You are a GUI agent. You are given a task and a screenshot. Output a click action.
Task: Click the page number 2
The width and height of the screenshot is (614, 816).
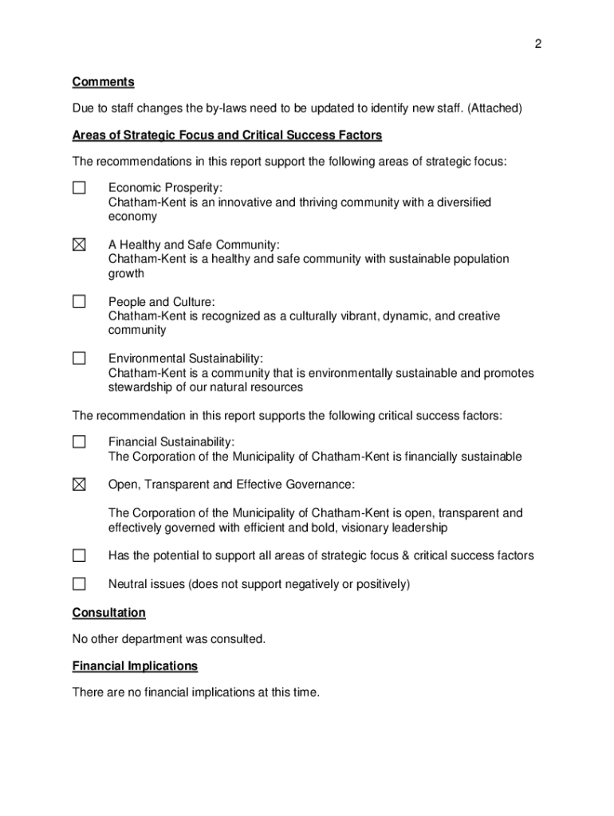(x=538, y=45)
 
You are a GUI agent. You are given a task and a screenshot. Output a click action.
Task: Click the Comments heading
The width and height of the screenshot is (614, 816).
(x=103, y=82)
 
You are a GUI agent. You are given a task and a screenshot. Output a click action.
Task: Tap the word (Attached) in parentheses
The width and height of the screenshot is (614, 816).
(x=494, y=108)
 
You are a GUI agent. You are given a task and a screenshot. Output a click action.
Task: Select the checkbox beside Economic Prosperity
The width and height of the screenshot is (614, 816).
(x=79, y=188)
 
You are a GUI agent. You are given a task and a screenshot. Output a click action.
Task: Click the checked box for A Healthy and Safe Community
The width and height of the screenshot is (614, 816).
(x=79, y=245)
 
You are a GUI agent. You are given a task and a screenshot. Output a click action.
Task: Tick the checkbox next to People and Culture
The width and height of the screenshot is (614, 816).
(x=79, y=302)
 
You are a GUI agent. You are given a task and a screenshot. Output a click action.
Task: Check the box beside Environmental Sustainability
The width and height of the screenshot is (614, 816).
(x=79, y=359)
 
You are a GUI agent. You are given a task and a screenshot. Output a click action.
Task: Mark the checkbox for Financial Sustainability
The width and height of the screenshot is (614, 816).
(x=79, y=441)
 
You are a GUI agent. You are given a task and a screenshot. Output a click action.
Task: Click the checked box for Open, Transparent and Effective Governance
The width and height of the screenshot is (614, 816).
(x=79, y=484)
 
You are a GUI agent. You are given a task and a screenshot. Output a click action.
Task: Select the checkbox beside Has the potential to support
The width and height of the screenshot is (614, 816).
(x=79, y=555)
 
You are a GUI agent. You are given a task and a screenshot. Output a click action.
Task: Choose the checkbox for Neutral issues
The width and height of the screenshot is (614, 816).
(x=79, y=584)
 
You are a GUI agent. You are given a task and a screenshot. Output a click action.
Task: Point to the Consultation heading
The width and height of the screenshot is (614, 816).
(x=108, y=613)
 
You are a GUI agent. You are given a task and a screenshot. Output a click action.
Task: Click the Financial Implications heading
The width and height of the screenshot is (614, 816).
(x=135, y=666)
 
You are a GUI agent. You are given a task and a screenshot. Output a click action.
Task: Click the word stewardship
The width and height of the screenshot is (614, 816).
(x=141, y=387)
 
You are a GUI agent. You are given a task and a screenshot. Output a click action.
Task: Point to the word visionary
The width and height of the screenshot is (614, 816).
(x=354, y=528)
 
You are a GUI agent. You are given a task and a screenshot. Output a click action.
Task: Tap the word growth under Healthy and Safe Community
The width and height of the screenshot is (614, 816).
(x=126, y=273)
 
